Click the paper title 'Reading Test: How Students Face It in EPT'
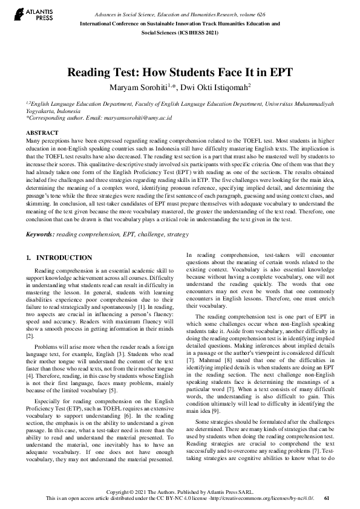[x=180, y=73]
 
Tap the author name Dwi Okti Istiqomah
[x=209, y=88]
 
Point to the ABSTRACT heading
[x=42, y=132]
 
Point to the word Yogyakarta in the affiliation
[x=41, y=112]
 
